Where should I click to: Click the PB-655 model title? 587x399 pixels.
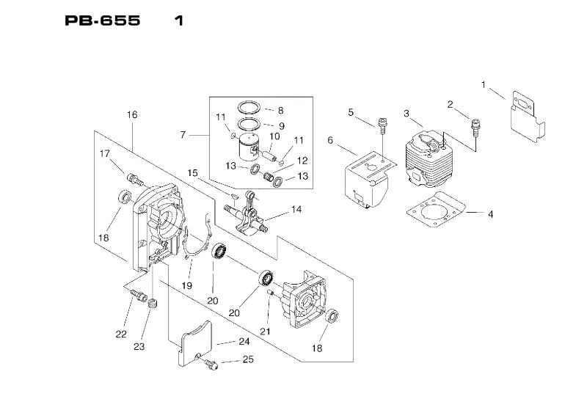[x=103, y=21]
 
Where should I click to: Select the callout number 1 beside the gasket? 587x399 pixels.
[x=484, y=85]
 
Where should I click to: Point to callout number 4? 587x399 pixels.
[x=490, y=214]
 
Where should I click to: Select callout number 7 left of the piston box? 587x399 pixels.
[x=183, y=135]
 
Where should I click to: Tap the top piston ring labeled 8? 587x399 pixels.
[x=250, y=106]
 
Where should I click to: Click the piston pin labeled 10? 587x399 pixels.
[x=269, y=155]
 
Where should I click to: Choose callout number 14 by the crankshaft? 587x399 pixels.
[x=296, y=209]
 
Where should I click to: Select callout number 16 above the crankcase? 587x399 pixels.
[x=132, y=114]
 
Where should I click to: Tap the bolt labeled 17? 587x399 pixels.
[x=135, y=179]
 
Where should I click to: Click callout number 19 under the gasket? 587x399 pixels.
[x=187, y=285]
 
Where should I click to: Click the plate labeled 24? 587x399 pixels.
[x=194, y=341]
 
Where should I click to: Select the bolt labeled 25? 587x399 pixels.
[x=211, y=364]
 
